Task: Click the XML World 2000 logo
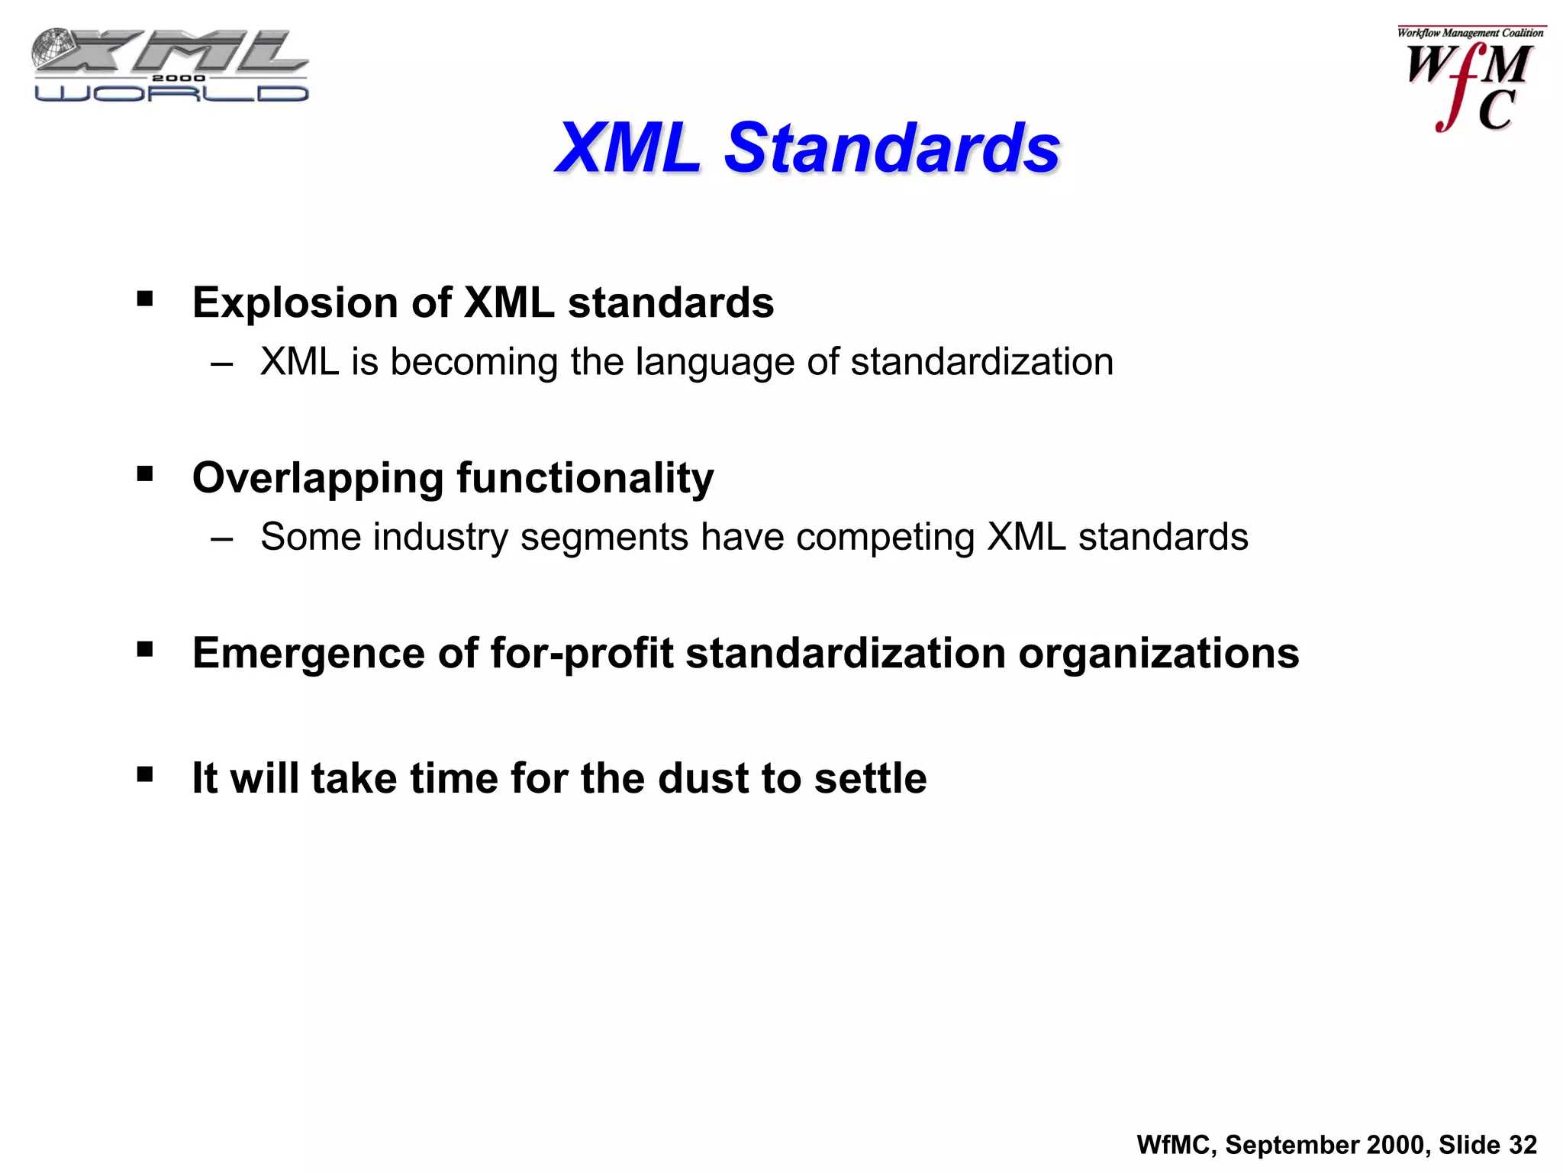(x=170, y=65)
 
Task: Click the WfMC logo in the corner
(x=1469, y=80)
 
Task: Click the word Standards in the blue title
(x=891, y=147)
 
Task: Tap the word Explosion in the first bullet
(x=295, y=303)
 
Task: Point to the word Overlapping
(x=317, y=478)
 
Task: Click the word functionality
(x=585, y=478)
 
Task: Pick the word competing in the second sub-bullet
(x=885, y=538)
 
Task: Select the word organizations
(x=1159, y=653)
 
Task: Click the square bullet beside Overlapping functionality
(x=145, y=475)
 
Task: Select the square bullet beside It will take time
(x=145, y=775)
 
